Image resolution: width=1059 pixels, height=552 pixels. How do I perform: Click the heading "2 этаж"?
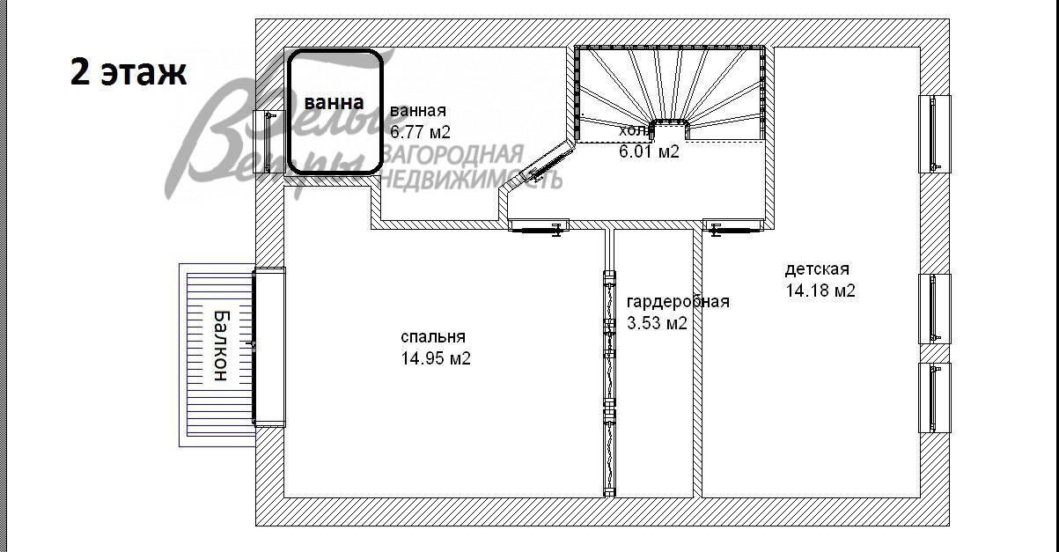129,72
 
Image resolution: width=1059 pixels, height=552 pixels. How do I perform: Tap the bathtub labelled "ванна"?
335,112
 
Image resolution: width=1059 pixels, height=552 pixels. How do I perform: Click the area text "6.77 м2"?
420,133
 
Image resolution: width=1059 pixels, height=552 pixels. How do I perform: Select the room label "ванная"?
418,111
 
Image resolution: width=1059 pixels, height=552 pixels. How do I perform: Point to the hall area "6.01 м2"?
649,151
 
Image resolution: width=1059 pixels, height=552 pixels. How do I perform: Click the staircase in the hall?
669,88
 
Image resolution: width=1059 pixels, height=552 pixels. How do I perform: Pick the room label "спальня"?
432,336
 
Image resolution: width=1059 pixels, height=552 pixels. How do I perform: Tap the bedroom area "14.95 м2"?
435,358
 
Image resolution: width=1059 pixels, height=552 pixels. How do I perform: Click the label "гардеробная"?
678,301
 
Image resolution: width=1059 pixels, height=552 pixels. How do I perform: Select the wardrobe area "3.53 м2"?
657,323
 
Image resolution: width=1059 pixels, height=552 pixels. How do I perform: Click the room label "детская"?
817,269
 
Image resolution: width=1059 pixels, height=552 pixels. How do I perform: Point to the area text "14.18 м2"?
820,291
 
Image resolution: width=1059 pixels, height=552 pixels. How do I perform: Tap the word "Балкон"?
219,345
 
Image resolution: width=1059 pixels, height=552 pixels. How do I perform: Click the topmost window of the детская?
935,134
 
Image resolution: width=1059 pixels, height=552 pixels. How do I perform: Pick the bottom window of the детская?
935,397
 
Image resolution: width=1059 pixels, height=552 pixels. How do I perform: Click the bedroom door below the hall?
539,227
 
